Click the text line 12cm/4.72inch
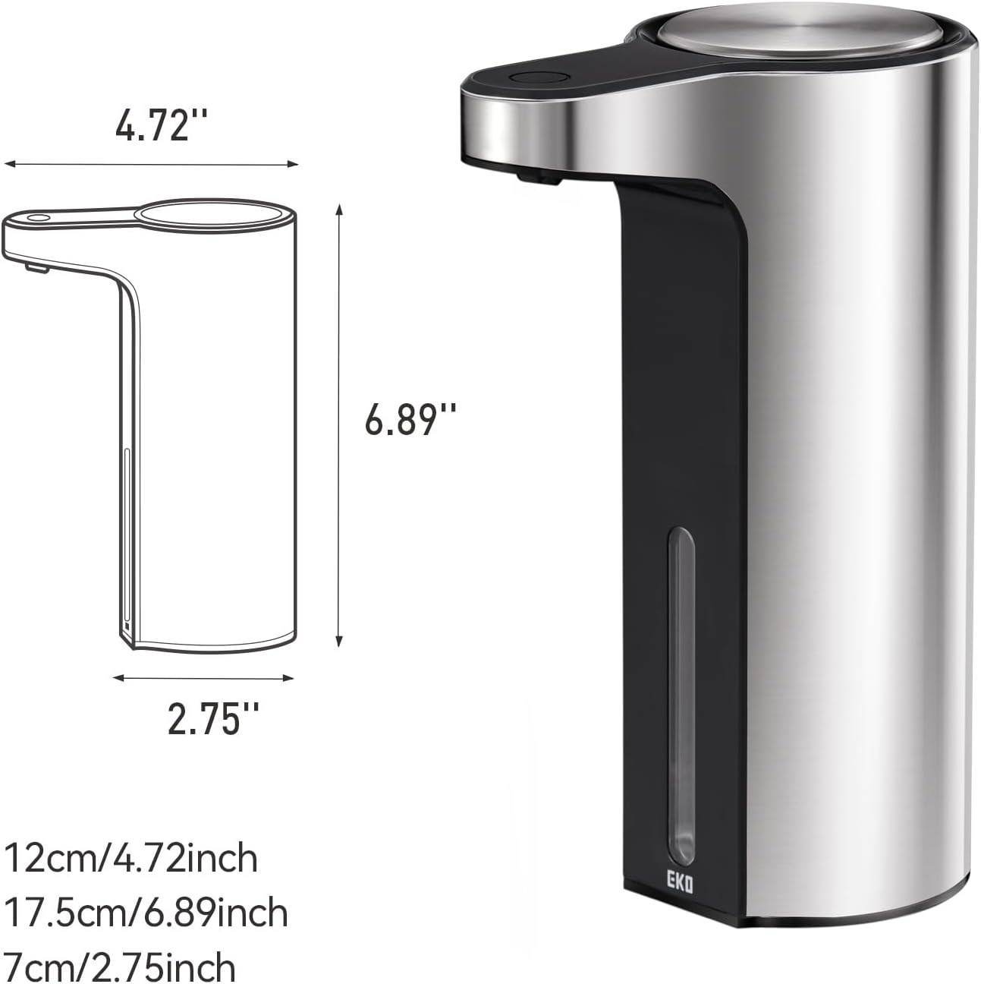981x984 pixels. (x=131, y=859)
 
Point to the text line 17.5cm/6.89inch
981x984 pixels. (x=146, y=913)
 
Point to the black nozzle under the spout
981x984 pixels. (x=536, y=178)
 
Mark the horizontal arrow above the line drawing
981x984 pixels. (x=151, y=163)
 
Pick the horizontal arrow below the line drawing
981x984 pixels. (x=203, y=678)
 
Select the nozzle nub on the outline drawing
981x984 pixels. (x=35, y=267)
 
